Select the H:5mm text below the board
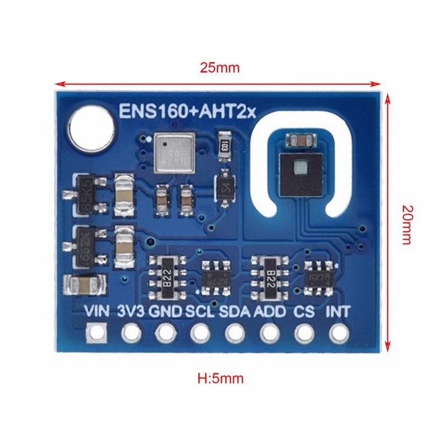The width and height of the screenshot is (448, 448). click(221, 378)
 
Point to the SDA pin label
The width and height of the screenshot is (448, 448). click(234, 312)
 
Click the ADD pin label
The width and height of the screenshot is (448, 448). click(270, 312)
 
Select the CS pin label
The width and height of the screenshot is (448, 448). click(304, 312)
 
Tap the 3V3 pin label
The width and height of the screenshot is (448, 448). click(130, 312)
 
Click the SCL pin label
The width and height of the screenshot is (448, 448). click(200, 312)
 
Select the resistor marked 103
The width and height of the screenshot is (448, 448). click(223, 147)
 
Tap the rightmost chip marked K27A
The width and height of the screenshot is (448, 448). click(319, 276)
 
